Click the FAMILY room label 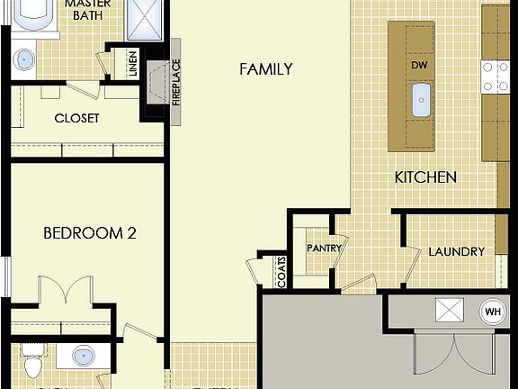coord(265,69)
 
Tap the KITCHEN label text coord(425,177)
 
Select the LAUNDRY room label coord(456,251)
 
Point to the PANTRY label coord(321,248)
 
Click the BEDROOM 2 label coord(90,233)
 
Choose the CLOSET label coord(76,118)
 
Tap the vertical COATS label coord(281,273)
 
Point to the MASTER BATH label coord(87,10)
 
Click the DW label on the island coord(419,66)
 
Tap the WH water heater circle coord(492,312)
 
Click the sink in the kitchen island coord(420,101)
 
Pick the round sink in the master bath coord(23,59)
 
